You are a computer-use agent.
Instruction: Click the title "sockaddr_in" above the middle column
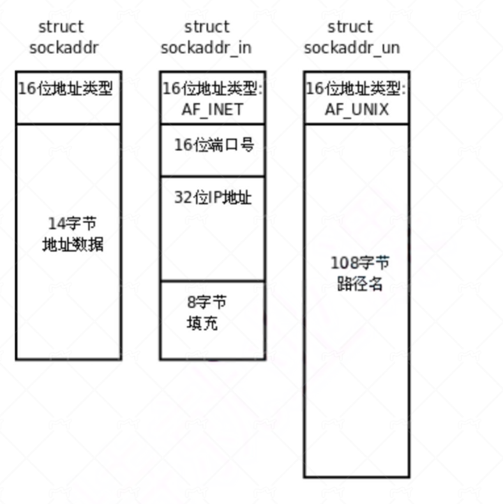coord(206,48)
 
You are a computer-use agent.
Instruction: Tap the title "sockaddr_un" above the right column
coord(352,48)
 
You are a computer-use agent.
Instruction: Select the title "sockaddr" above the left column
coord(64,48)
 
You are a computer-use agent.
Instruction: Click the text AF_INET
coord(212,109)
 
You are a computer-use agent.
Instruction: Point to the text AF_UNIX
coord(356,109)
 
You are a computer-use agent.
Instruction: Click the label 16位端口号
coord(214,145)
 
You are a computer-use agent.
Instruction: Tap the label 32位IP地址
coord(213,197)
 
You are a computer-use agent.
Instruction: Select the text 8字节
coord(206,302)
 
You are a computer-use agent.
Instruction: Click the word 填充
coord(202,323)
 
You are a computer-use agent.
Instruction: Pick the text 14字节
coord(72,224)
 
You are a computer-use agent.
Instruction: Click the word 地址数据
coord(72,244)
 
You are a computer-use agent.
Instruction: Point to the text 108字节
coord(359,263)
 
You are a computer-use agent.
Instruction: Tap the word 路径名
coord(359,283)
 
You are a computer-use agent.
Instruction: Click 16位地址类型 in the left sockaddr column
coord(65,89)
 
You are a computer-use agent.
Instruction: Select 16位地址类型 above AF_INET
coord(212,89)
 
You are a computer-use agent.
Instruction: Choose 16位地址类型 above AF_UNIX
coord(356,89)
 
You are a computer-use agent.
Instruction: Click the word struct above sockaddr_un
coord(350,27)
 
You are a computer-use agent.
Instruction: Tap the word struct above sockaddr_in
coord(206,27)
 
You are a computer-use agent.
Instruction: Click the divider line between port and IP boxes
coord(212,176)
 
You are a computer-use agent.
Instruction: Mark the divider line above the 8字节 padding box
coord(212,280)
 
